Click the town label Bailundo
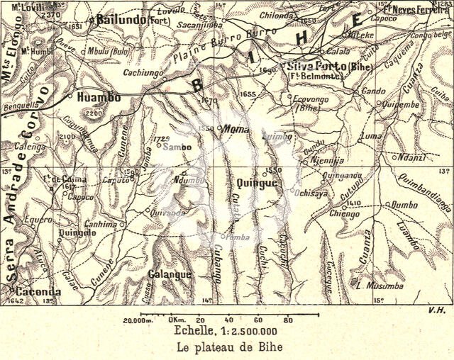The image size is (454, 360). pyautogui.click(x=121, y=19)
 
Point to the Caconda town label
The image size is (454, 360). pyautogui.click(x=35, y=291)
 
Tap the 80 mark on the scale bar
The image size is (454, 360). pyautogui.click(x=287, y=320)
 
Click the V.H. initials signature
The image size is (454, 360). pyautogui.click(x=436, y=310)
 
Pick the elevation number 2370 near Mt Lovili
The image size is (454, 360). pyautogui.click(x=51, y=13)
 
